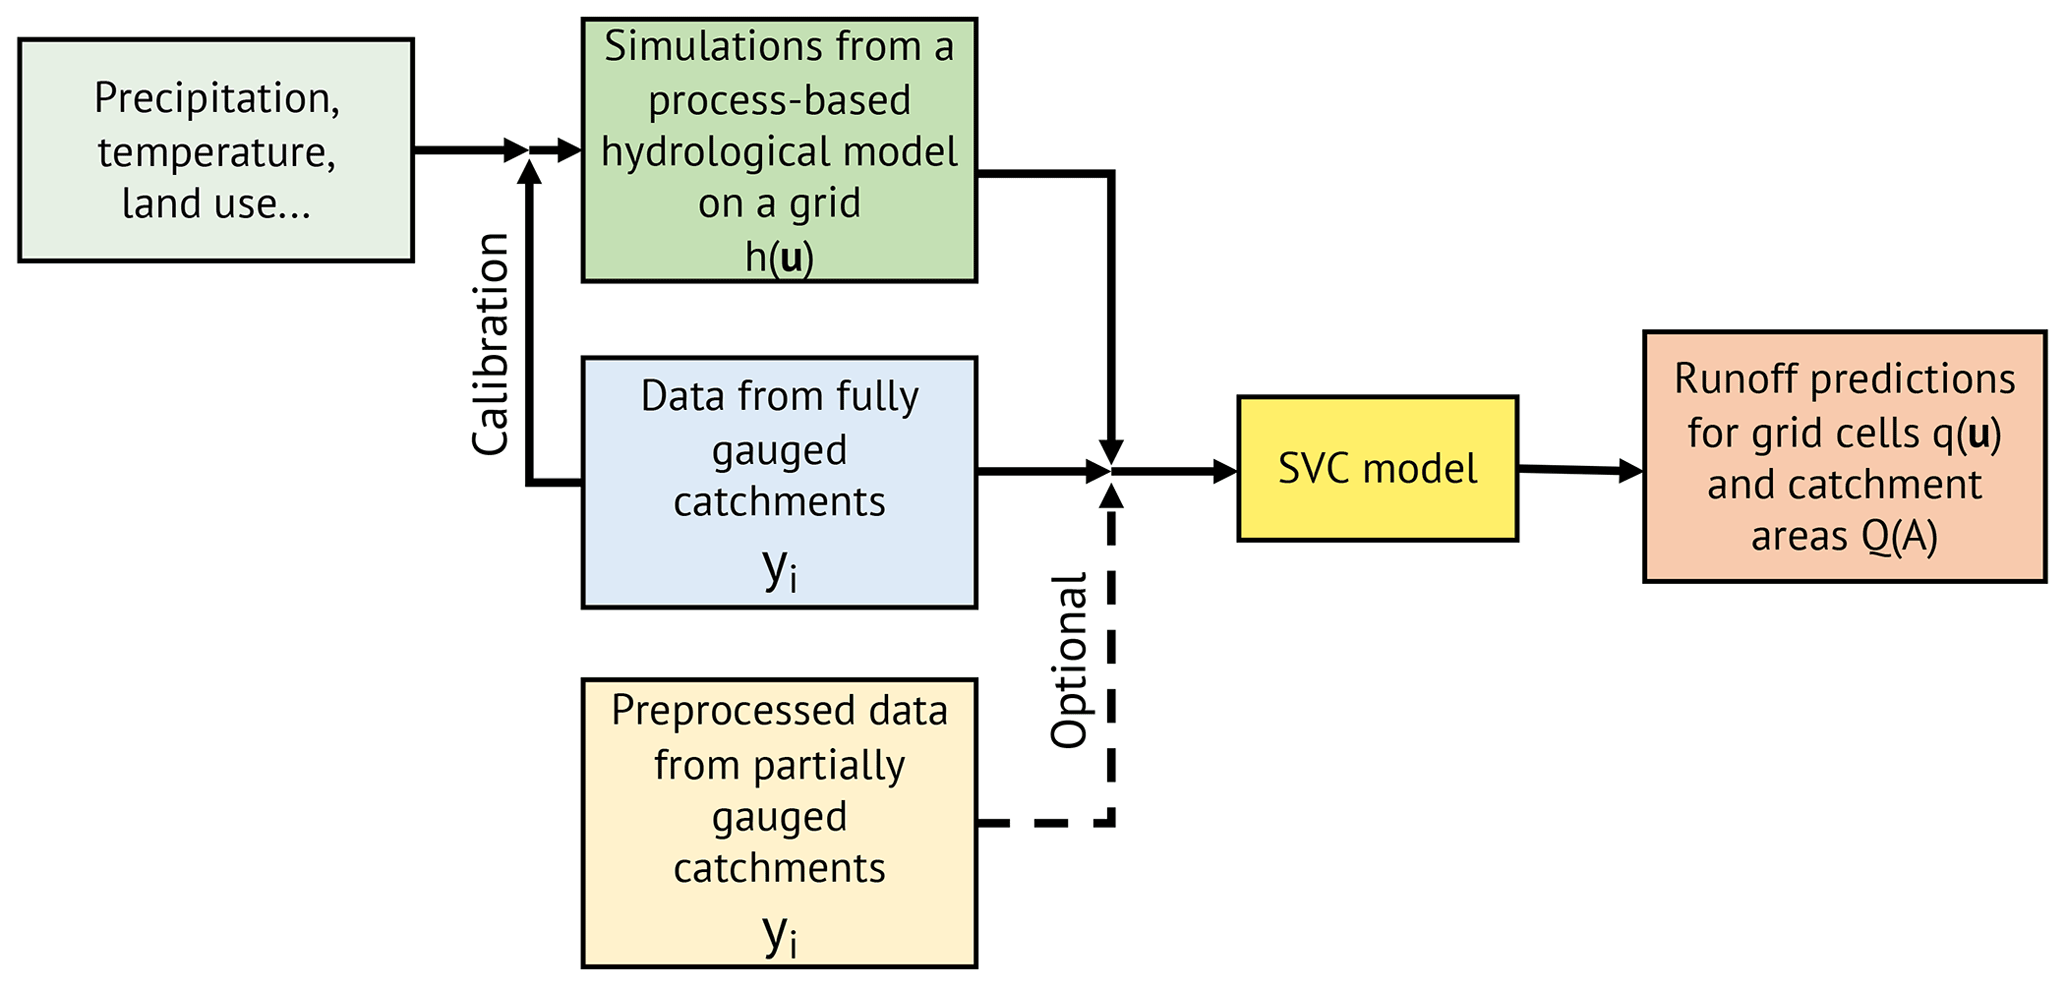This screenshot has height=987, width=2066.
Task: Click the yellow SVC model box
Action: tap(1377, 469)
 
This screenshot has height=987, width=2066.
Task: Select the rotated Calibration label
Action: tap(491, 344)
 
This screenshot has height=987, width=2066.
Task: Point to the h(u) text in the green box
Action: tap(779, 257)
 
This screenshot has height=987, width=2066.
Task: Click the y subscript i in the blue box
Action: tap(779, 569)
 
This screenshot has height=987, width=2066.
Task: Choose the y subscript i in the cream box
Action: tap(779, 934)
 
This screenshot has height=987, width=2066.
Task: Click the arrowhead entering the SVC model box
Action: tap(1225, 471)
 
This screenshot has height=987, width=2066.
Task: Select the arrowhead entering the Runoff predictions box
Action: tap(1631, 470)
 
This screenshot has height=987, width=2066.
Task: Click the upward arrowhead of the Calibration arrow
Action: tap(530, 172)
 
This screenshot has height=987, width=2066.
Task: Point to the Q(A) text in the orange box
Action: tap(1899, 537)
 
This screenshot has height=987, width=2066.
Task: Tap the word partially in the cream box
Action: tap(829, 765)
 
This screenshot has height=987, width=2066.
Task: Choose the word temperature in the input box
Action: tap(216, 152)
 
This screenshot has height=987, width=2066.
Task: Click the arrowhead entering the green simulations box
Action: tap(570, 151)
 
